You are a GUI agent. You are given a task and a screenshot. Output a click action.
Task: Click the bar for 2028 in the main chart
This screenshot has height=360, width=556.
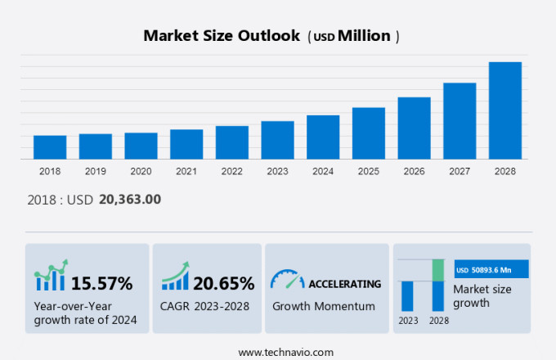click(504, 110)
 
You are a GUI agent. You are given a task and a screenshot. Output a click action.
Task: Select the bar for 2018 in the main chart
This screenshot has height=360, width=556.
click(50, 147)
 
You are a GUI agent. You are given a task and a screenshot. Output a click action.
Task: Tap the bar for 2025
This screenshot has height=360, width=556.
click(368, 133)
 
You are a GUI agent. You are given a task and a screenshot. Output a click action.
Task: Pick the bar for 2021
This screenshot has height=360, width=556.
click(186, 144)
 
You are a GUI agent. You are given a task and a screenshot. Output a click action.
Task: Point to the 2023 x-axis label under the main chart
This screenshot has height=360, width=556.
click(277, 172)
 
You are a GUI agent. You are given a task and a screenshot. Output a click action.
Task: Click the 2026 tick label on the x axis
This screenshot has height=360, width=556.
click(414, 172)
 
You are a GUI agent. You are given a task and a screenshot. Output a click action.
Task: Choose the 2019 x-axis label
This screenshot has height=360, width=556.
click(96, 172)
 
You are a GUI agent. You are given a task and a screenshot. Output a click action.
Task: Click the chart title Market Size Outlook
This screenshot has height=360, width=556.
click(222, 36)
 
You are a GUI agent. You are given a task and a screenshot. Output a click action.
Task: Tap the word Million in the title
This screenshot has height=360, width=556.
click(364, 36)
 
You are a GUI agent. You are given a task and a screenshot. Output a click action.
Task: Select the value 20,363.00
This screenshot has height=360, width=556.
click(129, 199)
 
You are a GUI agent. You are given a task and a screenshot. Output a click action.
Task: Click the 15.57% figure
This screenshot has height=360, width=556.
click(101, 284)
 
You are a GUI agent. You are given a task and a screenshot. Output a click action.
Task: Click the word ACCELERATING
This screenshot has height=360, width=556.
click(344, 284)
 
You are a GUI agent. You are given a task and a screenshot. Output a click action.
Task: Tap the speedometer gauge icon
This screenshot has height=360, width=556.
click(287, 280)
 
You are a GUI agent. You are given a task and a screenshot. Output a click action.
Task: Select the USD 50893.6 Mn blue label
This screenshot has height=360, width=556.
click(491, 269)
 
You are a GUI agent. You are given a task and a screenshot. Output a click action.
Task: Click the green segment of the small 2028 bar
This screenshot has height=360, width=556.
click(438, 270)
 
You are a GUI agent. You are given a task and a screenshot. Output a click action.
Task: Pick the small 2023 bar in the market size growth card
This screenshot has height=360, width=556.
click(407, 295)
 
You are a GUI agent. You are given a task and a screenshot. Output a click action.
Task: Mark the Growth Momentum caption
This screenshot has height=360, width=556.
click(323, 306)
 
